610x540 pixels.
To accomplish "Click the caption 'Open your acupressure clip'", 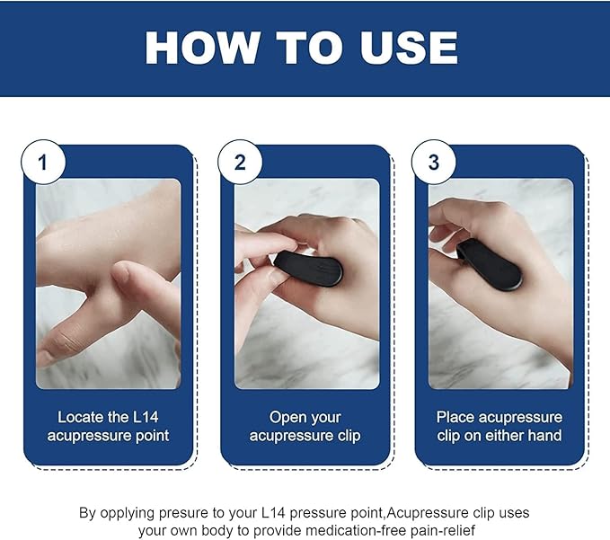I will (x=305, y=427).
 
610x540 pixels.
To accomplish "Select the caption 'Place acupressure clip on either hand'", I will (x=499, y=427).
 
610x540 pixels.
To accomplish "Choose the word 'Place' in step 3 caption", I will (x=455, y=418).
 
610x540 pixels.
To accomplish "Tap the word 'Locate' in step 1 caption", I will (x=80, y=418).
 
